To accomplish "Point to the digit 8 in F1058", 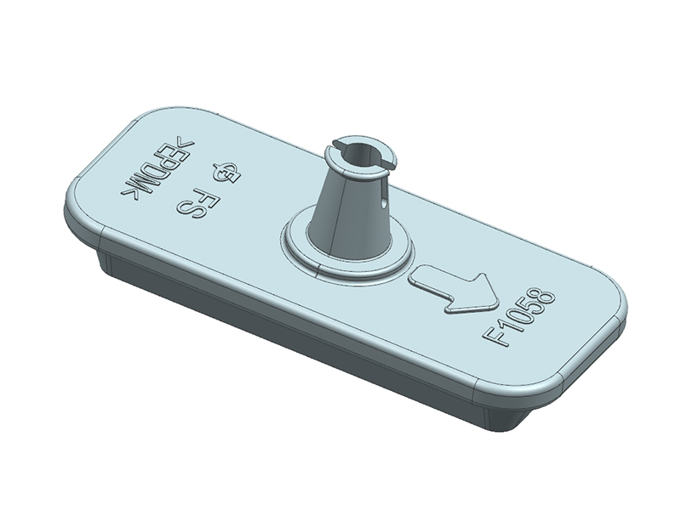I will point(545,298).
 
